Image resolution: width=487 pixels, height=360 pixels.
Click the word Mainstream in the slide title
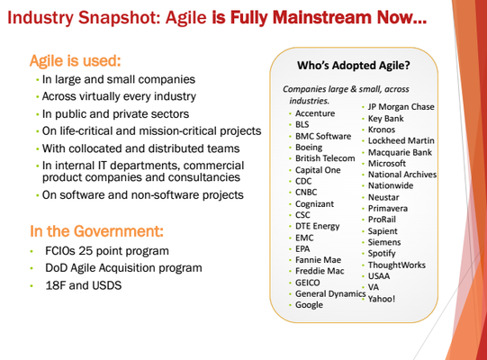coord(321,17)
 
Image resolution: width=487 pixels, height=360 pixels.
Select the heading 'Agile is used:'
coord(75,60)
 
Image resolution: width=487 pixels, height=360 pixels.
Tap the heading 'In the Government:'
coord(96,231)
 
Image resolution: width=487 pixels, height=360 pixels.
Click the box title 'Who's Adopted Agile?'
coord(354,65)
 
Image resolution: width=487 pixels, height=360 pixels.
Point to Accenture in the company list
coord(315,113)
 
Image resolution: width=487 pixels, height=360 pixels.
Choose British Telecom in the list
coord(325,158)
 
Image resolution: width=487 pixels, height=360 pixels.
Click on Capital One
coord(318,170)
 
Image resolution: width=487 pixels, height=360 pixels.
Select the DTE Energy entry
coord(318,226)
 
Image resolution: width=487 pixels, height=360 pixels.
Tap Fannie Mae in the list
coord(318,260)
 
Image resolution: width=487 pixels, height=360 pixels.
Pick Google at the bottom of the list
coord(309,305)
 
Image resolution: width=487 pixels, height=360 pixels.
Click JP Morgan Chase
coord(401,107)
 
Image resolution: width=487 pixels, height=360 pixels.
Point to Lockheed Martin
coord(401,140)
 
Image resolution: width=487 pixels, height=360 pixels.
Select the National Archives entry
coord(402,175)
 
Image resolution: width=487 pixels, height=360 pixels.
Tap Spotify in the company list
coord(382,254)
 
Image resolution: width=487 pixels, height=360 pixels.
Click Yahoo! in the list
coord(382,299)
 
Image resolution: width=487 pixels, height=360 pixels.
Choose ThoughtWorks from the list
coord(397,265)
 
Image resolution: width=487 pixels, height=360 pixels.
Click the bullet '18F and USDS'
coord(83,285)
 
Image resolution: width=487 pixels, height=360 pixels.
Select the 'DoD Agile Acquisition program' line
coord(123,268)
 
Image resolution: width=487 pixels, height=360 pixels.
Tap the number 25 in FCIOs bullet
coord(86,251)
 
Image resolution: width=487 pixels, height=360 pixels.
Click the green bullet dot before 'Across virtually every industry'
coord(37,97)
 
